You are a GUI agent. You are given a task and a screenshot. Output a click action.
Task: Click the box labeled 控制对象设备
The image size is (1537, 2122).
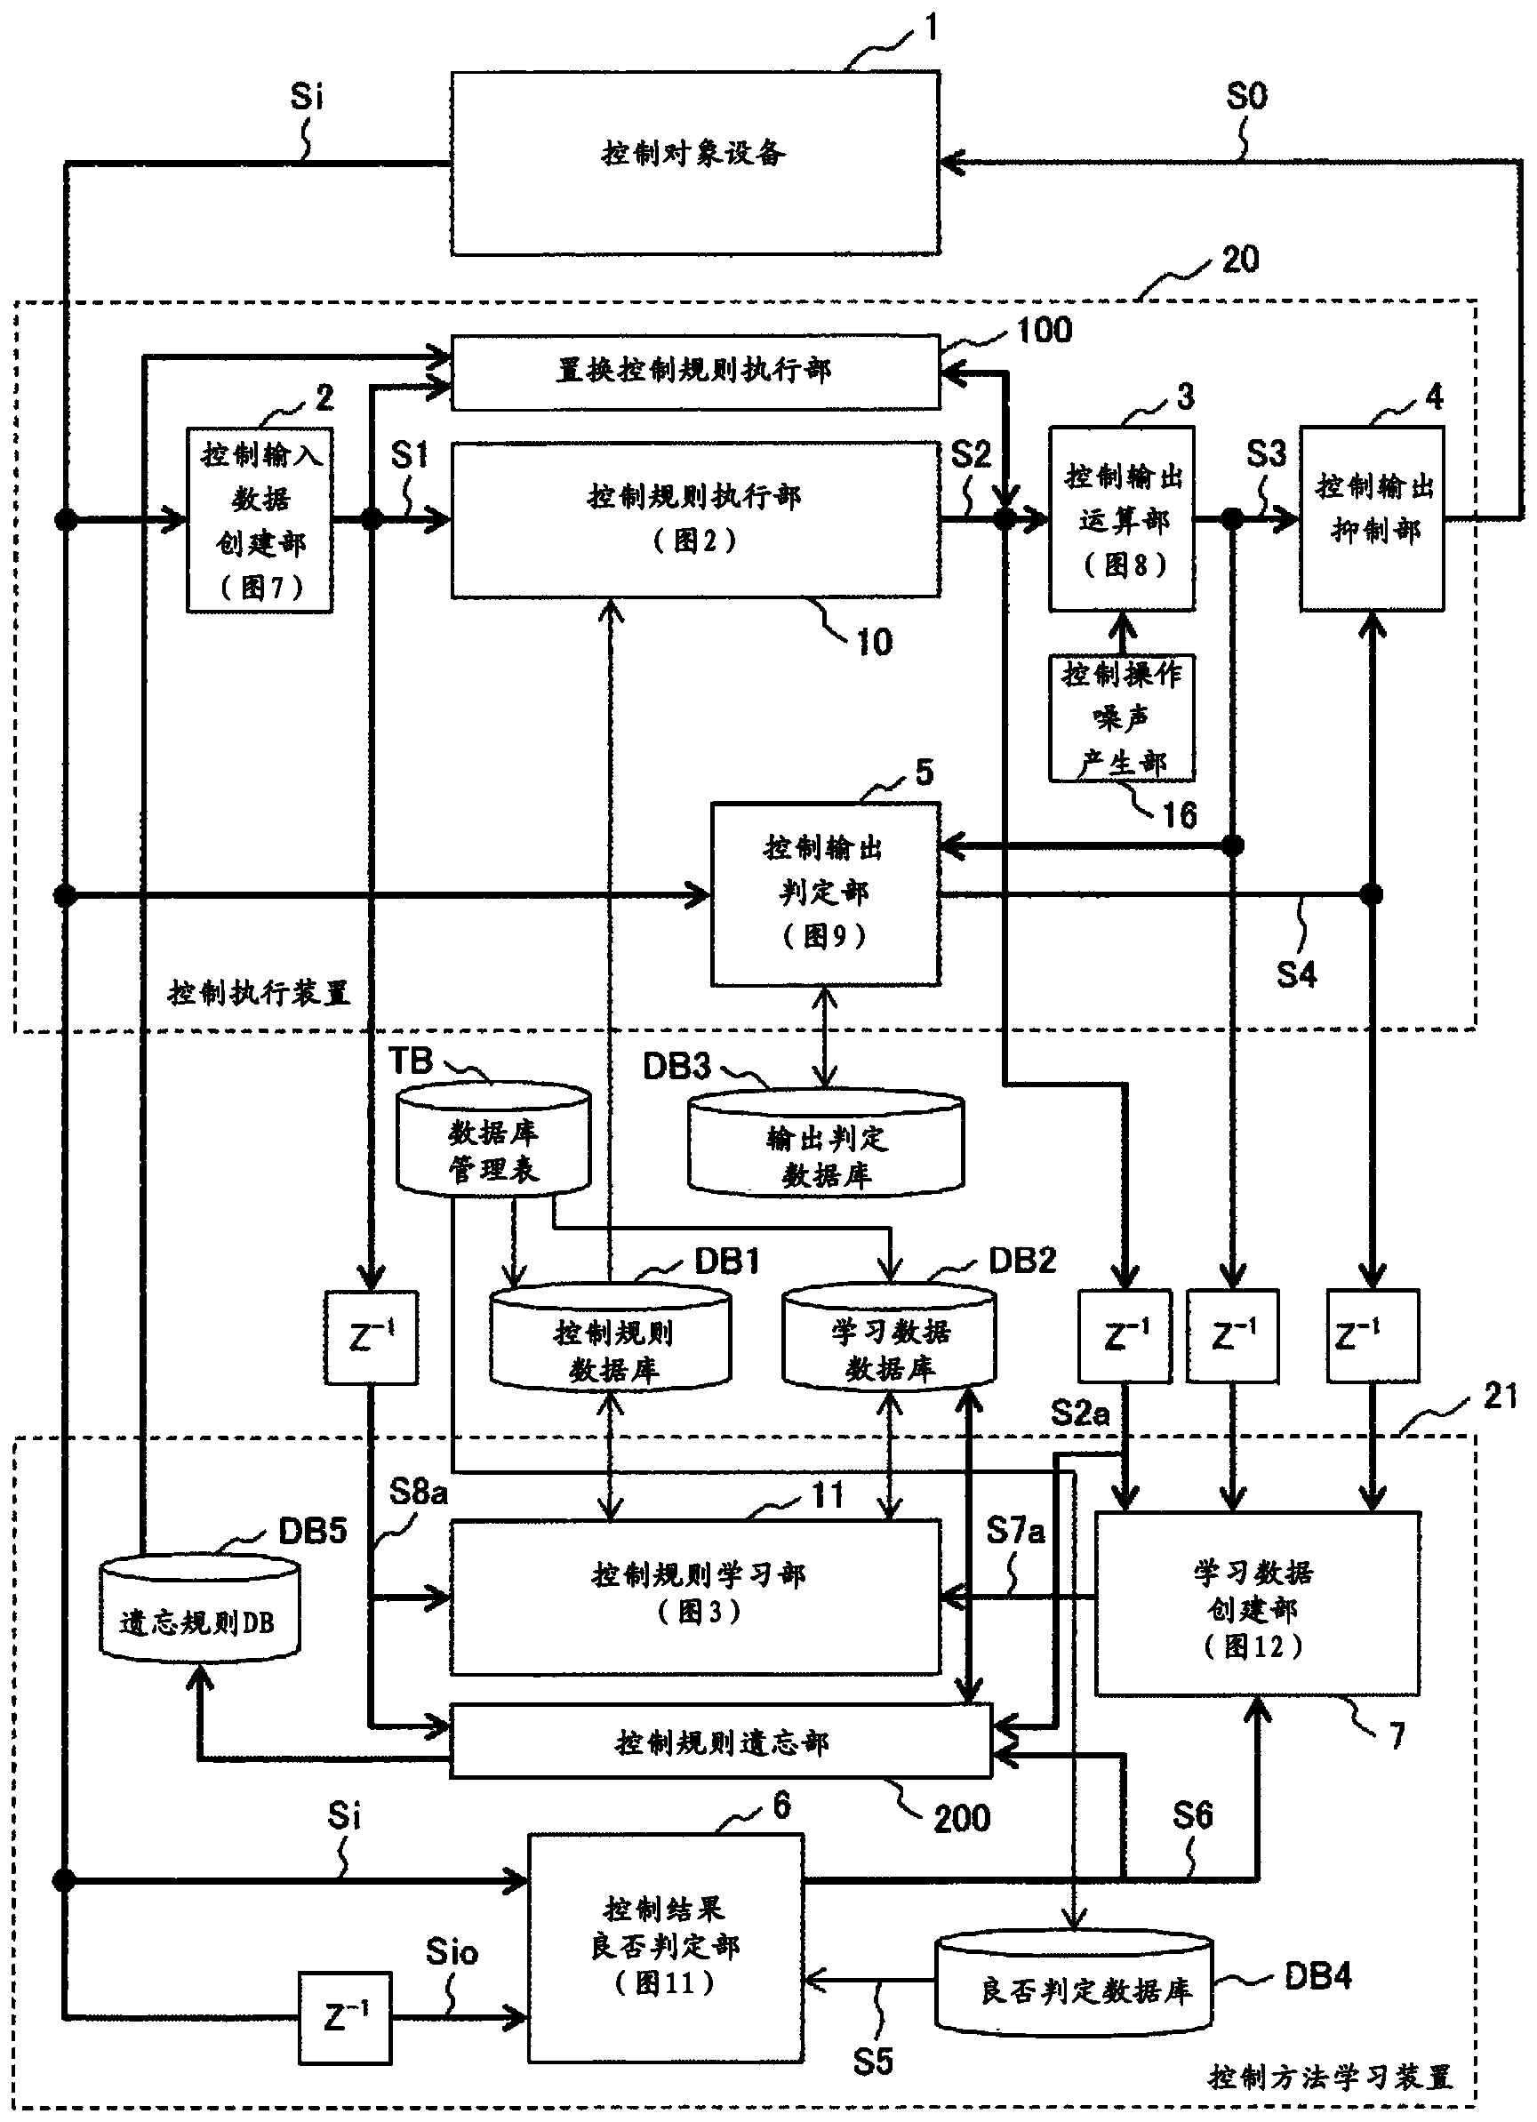tap(695, 163)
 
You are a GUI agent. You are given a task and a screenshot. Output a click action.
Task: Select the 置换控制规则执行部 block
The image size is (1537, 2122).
tap(695, 372)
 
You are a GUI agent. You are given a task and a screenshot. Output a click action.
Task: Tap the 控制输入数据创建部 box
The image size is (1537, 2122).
tap(260, 520)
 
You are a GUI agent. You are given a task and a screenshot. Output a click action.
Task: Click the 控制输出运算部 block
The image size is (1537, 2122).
tap(1122, 519)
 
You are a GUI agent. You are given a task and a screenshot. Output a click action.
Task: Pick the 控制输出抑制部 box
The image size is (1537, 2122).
tap(1373, 519)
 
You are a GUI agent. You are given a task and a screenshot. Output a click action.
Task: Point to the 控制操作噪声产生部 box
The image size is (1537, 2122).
tap(1122, 717)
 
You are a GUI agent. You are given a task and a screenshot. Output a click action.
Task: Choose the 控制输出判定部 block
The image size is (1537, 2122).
tap(825, 893)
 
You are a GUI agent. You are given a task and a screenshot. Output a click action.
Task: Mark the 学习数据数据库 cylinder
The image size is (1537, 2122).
tap(889, 1338)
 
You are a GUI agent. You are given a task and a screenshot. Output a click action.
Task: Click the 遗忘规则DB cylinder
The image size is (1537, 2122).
tap(199, 1609)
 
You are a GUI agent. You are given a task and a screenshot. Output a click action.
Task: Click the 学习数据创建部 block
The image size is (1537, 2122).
tap(1256, 1604)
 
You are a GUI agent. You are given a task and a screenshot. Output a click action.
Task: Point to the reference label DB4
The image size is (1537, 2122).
tap(1317, 1976)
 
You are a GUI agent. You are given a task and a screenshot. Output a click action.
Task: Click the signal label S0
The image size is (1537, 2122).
tap(1246, 96)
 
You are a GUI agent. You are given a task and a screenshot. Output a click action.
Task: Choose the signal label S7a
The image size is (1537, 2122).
tap(1015, 1531)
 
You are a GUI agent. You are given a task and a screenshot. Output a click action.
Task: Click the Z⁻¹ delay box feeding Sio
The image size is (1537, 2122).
tap(345, 2018)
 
